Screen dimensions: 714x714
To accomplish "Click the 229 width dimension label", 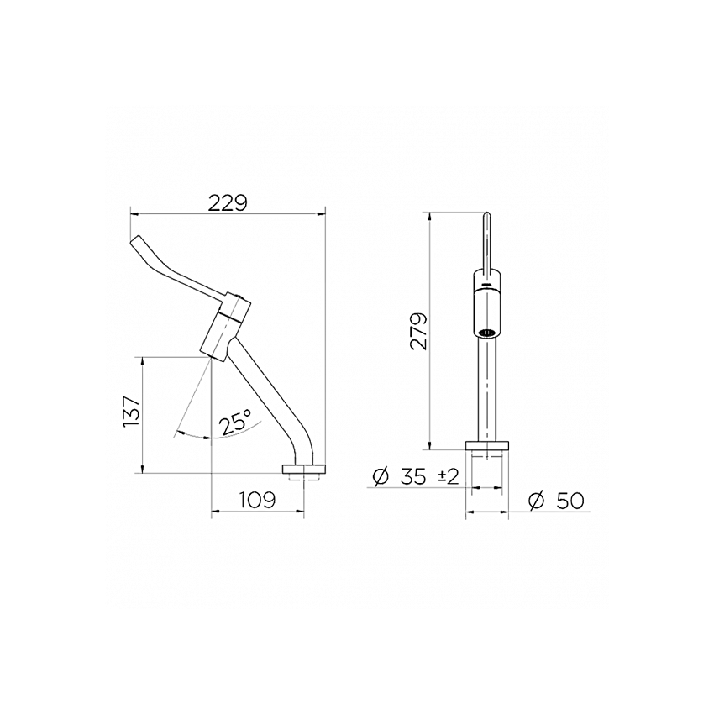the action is click(228, 203).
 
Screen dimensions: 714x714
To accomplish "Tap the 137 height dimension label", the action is click(131, 412).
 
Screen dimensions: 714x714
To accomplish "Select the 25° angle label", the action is click(235, 421).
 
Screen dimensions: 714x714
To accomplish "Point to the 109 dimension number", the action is click(258, 500).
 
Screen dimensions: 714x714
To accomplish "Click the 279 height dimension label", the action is click(418, 331).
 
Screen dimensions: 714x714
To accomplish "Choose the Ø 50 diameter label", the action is click(556, 501).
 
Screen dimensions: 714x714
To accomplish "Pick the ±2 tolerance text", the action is click(448, 477).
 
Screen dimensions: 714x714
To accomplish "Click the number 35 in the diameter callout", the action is click(414, 477).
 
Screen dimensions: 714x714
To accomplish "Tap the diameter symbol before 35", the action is click(381, 477).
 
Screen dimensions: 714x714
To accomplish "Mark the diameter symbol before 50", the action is click(537, 501).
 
